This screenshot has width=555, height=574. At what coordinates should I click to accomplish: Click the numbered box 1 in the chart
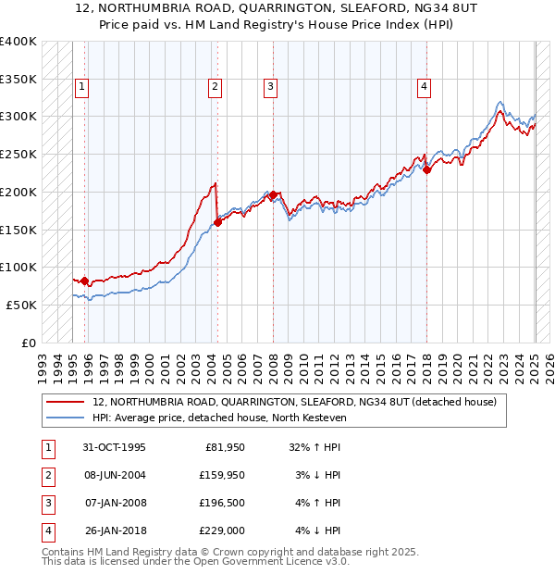pyautogui.click(x=82, y=88)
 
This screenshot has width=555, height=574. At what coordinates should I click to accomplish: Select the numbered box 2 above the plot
pyautogui.click(x=215, y=88)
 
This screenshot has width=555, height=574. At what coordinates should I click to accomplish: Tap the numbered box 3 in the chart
pyautogui.click(x=271, y=88)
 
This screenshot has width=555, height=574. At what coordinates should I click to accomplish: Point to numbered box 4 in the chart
pyautogui.click(x=424, y=88)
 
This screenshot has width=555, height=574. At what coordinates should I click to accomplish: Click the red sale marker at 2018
pyautogui.click(x=426, y=169)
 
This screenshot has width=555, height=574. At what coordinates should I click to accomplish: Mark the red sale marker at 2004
pyautogui.click(x=218, y=222)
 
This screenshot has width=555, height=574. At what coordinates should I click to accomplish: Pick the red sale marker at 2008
pyautogui.click(x=274, y=194)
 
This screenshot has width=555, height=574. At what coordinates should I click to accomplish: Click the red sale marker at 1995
pyautogui.click(x=84, y=281)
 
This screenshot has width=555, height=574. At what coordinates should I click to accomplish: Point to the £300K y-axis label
pyautogui.click(x=18, y=117)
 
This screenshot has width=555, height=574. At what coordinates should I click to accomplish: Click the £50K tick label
pyautogui.click(x=22, y=305)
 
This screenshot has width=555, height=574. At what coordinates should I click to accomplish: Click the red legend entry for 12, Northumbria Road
pyautogui.click(x=294, y=402)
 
